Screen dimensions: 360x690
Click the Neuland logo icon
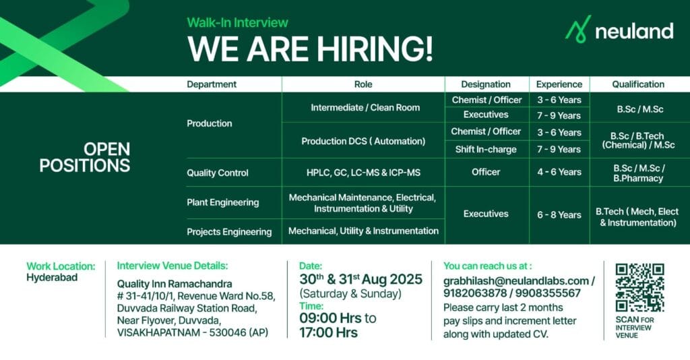(577, 30)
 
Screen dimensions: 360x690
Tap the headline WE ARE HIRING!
(310, 49)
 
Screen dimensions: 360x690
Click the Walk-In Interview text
(237, 23)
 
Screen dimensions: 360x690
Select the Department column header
(212, 84)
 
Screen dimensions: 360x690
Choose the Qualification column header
(637, 84)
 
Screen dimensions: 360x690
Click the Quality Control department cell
(217, 173)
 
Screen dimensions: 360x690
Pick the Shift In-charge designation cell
(486, 149)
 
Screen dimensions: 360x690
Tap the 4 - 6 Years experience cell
(559, 172)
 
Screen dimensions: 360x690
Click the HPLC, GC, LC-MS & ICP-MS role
(363, 173)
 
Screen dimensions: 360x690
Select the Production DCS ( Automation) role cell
(363, 141)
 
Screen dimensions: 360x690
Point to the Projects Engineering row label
(228, 231)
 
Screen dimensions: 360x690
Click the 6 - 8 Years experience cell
(559, 214)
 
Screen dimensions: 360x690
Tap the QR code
(639, 287)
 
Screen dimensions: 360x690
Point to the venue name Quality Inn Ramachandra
(174, 283)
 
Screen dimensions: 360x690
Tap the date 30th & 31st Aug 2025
(360, 279)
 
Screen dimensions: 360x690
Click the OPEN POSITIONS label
(84, 156)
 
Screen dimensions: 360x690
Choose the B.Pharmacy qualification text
(637, 178)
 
